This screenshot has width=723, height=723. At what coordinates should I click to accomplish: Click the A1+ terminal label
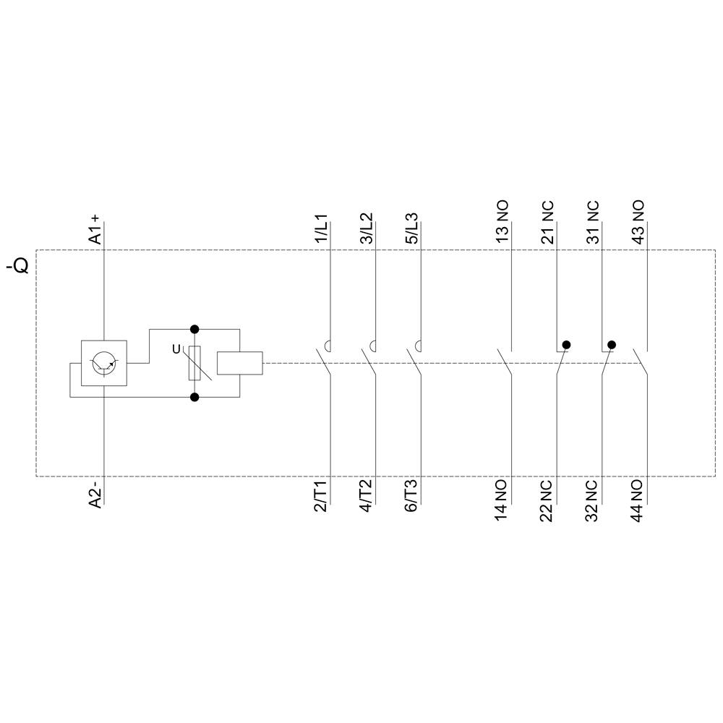click(96, 229)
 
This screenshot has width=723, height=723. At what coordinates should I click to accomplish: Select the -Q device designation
click(17, 266)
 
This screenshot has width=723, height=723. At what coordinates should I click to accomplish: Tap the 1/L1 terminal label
click(321, 229)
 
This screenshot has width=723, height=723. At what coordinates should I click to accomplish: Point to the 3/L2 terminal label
click(367, 229)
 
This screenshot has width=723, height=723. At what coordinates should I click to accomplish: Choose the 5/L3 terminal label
click(412, 229)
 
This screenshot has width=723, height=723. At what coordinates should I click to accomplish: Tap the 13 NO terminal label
click(502, 222)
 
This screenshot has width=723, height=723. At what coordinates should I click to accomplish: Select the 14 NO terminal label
click(502, 500)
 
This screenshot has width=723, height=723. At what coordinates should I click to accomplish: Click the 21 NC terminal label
click(548, 222)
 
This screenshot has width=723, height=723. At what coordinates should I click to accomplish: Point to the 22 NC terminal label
click(548, 500)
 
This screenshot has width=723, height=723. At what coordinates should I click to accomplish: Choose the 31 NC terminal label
click(593, 222)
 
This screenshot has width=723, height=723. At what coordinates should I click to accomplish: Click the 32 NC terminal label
click(593, 500)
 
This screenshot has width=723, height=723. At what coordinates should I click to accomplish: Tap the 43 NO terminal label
click(638, 222)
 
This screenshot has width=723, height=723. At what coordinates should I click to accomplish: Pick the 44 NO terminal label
click(638, 500)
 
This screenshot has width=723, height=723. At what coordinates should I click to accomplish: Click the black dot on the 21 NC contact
click(567, 345)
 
